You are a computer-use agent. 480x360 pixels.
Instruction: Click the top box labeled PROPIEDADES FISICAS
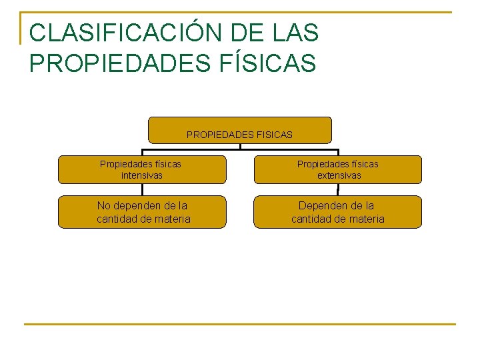[239, 130]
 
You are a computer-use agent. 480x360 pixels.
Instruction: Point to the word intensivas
[141, 175]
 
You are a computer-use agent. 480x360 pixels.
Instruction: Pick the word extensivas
[338, 175]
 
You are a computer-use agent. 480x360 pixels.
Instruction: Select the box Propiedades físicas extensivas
[338, 169]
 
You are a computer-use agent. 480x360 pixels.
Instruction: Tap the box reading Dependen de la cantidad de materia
[338, 212]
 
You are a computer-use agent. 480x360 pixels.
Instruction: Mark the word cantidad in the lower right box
[312, 219]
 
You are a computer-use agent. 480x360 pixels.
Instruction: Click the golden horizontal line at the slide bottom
[239, 325]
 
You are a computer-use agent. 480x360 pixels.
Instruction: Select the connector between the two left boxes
[141, 189]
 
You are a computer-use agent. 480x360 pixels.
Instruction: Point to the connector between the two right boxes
[338, 189]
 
